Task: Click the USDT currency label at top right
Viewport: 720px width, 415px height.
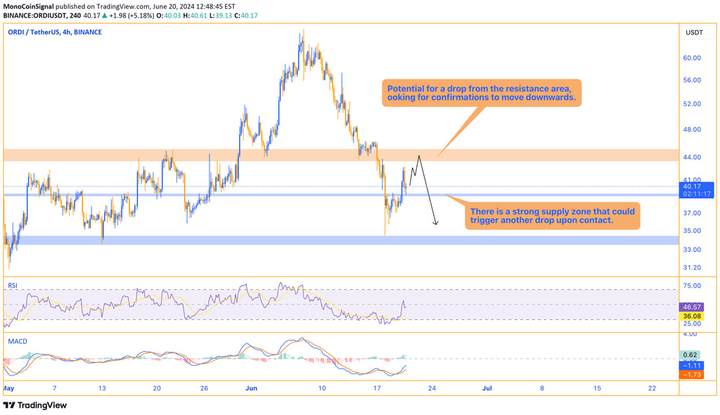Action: pyautogui.click(x=694, y=32)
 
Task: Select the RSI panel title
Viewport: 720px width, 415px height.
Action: pyautogui.click(x=13, y=286)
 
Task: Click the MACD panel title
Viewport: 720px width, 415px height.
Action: pyautogui.click(x=18, y=341)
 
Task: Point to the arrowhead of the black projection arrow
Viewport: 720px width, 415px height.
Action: pyautogui.click(x=437, y=224)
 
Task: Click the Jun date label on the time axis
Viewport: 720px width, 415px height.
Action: pyautogui.click(x=252, y=388)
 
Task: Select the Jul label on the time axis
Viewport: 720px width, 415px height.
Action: pyautogui.click(x=486, y=388)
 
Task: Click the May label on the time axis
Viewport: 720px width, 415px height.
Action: pyautogui.click(x=8, y=388)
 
